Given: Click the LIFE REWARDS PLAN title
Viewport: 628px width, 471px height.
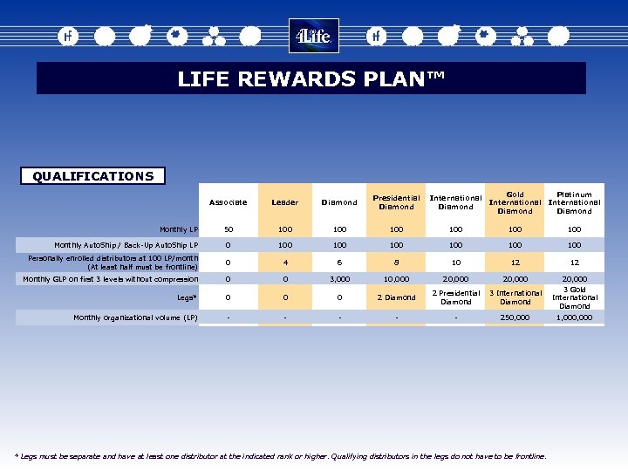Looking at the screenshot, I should (311, 78).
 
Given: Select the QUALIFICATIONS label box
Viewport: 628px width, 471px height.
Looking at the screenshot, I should (92, 176).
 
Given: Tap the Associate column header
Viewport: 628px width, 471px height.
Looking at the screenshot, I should (228, 202).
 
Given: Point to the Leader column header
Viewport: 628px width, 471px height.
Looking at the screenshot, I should (284, 202).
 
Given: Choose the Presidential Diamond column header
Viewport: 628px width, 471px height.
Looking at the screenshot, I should (396, 202).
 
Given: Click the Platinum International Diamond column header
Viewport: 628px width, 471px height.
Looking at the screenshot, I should (574, 202).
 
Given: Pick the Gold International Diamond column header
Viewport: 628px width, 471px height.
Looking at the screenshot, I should (515, 202).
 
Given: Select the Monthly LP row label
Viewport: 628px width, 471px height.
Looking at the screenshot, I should (181, 229).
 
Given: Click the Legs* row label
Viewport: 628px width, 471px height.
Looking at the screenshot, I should (187, 297).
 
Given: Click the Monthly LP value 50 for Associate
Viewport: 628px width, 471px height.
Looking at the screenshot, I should (228, 229).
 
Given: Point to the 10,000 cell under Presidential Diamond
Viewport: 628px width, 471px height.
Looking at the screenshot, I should (396, 279).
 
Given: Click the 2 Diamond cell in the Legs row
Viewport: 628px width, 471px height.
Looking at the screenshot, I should (396, 297).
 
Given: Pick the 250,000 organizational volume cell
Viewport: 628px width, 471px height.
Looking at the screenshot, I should (515, 317).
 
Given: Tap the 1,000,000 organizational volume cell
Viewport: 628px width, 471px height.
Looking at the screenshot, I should (574, 317).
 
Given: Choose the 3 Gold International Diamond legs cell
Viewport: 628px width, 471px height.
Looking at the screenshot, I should (574, 297).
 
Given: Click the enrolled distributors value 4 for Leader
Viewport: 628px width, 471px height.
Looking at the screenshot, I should (284, 262).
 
